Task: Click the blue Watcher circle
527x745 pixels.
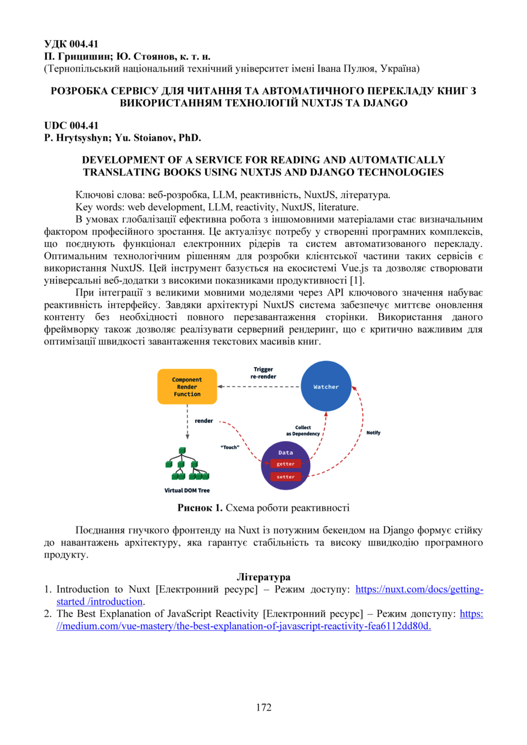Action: coord(326,386)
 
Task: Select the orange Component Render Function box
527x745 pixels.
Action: coord(187,387)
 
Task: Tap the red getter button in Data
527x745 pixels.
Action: coord(285,464)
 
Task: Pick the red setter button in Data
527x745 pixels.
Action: coord(285,477)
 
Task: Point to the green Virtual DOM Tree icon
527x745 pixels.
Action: coord(182,464)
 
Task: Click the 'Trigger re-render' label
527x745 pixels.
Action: coord(263,372)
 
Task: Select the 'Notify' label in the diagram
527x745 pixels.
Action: coord(373,433)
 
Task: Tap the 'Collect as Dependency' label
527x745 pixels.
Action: coord(303,430)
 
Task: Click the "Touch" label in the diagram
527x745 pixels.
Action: coord(230,447)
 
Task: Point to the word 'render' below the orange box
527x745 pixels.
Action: coord(204,421)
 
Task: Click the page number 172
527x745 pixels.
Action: coord(263,707)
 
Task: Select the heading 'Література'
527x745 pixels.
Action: coord(263,577)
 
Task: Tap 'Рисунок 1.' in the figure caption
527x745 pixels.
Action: coord(200,508)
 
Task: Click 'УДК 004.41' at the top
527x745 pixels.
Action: coord(72,44)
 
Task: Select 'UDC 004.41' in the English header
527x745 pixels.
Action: coord(71,126)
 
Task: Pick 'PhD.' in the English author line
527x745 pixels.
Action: coord(189,138)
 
